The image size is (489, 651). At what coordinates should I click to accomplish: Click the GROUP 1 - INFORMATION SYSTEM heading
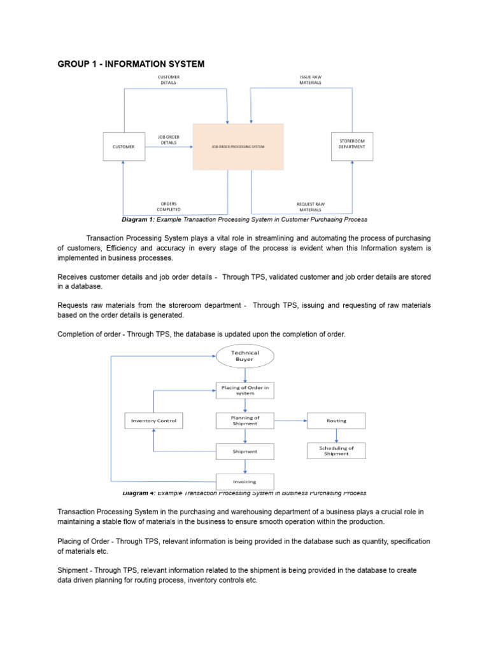[131, 64]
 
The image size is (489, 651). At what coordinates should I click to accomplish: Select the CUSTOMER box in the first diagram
[124, 147]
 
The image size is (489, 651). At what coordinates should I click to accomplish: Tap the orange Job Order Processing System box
[238, 147]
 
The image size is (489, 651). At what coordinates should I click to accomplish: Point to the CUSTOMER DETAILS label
[169, 80]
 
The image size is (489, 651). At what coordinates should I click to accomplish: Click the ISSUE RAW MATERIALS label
[311, 80]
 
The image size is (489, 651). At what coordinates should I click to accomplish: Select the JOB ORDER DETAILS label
[169, 139]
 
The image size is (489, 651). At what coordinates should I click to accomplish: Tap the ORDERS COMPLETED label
[169, 207]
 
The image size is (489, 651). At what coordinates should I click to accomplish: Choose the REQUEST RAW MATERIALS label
[311, 207]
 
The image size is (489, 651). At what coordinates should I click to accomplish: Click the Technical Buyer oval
[245, 355]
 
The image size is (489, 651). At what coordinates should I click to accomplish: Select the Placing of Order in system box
[245, 390]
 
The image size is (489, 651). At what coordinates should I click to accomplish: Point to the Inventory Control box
[153, 421]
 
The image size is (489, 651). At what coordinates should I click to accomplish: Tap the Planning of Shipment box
[245, 421]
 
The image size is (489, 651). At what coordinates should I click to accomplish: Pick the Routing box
[336, 421]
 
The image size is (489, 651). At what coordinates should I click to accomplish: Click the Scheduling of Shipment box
[336, 451]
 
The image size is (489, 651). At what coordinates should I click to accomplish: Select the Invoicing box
[245, 481]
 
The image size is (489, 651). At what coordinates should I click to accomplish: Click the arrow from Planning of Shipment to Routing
[290, 420]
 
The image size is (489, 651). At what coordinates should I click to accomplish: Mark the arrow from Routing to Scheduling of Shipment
[336, 435]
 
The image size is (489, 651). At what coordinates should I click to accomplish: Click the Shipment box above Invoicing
[245, 451]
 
